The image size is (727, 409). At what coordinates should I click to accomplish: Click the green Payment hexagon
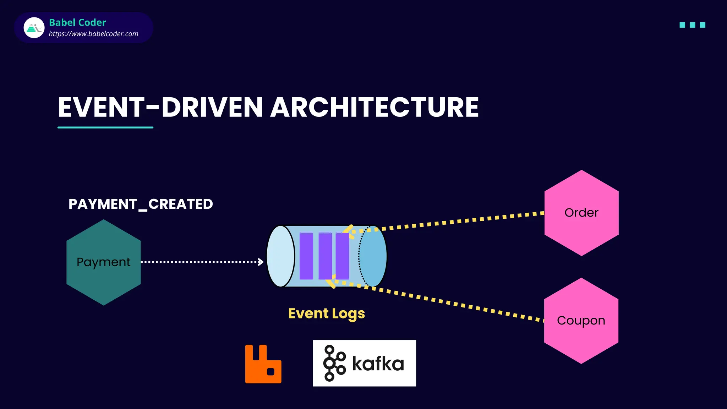103,262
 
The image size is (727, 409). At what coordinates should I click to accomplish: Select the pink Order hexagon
581,213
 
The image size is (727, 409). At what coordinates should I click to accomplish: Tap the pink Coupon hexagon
581,321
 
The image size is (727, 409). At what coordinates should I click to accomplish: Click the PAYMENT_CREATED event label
141,204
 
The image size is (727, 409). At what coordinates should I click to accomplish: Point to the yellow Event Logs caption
326,313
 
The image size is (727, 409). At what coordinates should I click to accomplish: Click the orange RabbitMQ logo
263,364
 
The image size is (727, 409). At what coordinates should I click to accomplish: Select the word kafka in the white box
378,364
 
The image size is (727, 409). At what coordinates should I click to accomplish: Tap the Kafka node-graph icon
334,363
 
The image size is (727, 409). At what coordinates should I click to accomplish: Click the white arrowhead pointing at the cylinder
261,262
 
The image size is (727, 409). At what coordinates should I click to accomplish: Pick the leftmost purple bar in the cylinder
306,256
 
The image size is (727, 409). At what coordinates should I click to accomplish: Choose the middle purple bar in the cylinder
325,256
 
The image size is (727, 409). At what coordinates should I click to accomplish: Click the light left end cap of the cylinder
281,256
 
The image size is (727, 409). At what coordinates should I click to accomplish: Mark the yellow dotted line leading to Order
461,221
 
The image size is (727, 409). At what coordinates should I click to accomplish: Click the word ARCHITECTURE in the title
375,107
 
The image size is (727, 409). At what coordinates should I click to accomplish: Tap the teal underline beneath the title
105,127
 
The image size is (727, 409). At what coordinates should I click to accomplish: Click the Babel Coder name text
77,23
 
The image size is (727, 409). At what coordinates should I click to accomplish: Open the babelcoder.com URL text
93,34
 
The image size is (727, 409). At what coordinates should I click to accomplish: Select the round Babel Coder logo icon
34,28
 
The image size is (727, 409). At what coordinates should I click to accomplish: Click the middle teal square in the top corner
692,25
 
